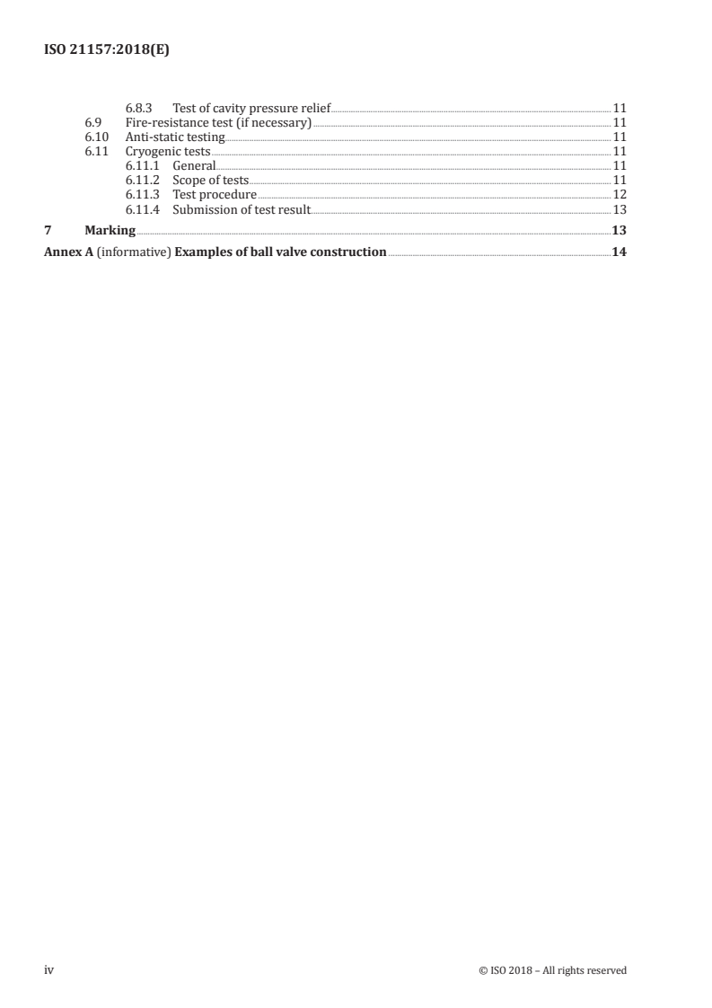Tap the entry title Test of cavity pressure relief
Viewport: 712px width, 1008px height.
tap(251, 108)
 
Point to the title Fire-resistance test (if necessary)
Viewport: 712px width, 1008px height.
tap(218, 122)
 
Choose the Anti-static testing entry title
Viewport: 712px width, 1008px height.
tap(175, 137)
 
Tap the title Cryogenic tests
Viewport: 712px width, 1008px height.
tap(168, 151)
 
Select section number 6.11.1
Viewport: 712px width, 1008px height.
tap(143, 165)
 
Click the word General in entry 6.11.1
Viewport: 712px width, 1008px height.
tap(194, 165)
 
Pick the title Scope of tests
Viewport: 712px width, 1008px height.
tap(210, 180)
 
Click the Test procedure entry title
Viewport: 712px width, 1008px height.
tap(215, 194)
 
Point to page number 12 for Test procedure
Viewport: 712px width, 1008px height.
tap(619, 194)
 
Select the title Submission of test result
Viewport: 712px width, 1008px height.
tap(242, 208)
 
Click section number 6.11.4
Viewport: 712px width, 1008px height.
tap(143, 208)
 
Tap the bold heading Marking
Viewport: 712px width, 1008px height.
tap(110, 231)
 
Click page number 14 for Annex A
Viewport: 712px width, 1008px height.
tap(619, 252)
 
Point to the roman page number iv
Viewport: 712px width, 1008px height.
tap(50, 969)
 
